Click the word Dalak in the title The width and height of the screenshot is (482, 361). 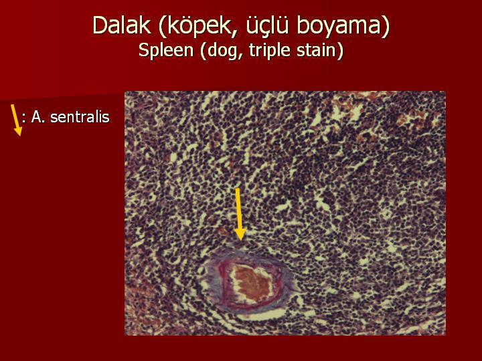click(x=122, y=25)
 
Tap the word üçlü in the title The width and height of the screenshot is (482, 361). click(x=267, y=25)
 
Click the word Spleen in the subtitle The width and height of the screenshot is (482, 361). click(x=166, y=50)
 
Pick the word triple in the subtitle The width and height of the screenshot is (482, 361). click(x=270, y=50)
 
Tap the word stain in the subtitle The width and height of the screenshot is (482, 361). click(x=316, y=49)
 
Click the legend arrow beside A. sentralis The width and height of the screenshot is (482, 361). click(x=16, y=120)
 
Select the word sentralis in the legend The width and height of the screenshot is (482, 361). click(x=80, y=117)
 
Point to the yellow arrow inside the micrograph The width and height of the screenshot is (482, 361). click(x=239, y=215)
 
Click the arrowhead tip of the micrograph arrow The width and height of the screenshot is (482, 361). click(x=240, y=241)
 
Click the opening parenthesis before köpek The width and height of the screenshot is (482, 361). click(x=163, y=26)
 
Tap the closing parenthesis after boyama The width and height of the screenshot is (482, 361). click(x=386, y=26)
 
